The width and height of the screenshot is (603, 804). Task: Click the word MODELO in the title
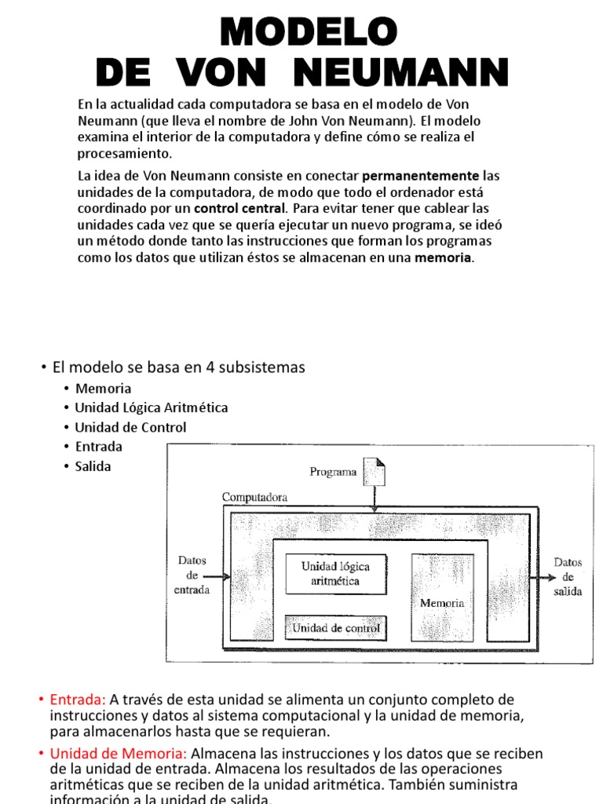tap(309, 33)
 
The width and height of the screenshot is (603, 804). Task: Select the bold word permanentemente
tap(420, 175)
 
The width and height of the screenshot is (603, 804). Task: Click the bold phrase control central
tap(240, 208)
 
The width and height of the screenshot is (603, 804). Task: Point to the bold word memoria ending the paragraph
tap(444, 258)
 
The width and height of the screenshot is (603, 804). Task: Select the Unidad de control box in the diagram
tap(335, 628)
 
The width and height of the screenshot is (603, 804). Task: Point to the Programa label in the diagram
tap(333, 473)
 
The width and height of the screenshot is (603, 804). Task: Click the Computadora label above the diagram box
tap(254, 497)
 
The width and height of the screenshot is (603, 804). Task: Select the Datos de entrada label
tap(192, 576)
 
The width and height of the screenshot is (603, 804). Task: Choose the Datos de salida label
tap(568, 577)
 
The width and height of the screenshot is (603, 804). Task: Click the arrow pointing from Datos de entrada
tap(221, 577)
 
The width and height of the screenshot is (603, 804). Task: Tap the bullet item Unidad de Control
tap(130, 428)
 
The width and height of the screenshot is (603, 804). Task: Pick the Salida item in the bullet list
tap(93, 466)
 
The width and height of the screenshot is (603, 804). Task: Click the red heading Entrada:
tap(78, 699)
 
